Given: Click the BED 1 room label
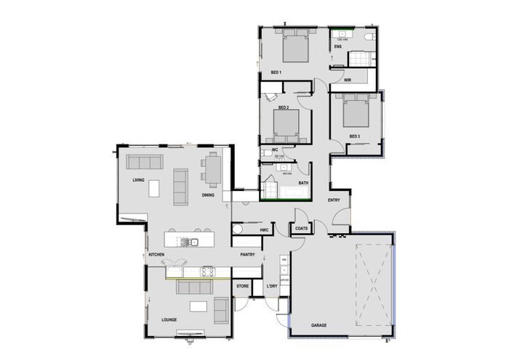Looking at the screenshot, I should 276,73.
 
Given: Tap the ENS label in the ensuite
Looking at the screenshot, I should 337,48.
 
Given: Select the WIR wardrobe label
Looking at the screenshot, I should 348,80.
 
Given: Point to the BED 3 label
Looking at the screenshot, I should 355,136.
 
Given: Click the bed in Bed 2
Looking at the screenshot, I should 287,124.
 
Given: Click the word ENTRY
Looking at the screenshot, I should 334,200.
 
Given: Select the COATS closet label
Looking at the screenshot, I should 302,229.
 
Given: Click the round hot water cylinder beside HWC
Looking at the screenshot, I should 237,229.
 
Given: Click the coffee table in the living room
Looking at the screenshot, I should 154,189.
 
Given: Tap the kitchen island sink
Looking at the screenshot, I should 193,241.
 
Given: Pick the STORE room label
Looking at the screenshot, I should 243,287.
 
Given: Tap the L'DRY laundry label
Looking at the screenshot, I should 272,287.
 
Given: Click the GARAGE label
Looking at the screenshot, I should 318,325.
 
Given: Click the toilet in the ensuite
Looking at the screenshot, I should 369,36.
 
